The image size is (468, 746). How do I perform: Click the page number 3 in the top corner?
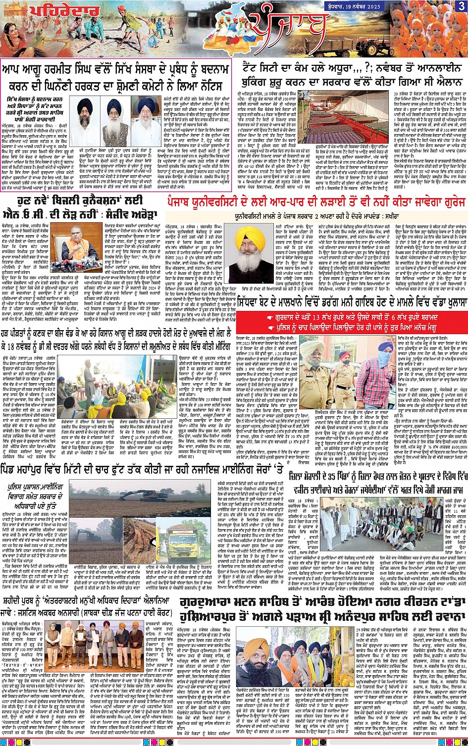(x=461, y=6)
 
